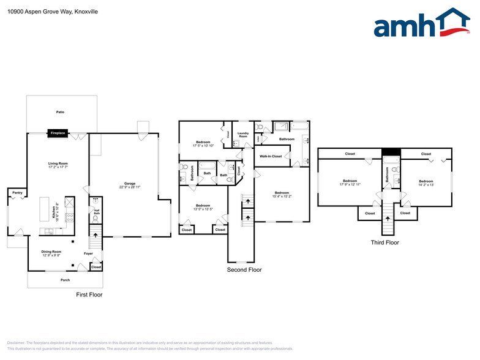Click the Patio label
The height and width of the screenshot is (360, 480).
pos(60,112)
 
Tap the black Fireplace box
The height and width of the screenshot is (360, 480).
pos(58,132)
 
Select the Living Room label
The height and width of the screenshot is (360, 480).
pos(58,165)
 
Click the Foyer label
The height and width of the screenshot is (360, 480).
pos(88,253)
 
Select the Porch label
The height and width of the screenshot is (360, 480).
pos(65,280)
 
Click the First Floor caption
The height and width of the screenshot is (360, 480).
pos(89,294)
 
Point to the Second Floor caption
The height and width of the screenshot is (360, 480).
pos(244,269)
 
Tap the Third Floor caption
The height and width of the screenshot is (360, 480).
pos(384,242)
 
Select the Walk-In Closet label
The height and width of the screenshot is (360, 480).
pos(270,156)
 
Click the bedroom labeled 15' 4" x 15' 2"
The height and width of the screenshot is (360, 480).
pos(282,194)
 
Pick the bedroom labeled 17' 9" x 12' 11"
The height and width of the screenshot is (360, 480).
pos(350,182)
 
